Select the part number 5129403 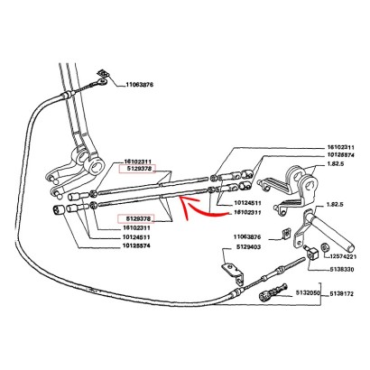click(248, 247)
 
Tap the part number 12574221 click(343, 256)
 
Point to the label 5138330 click(341, 269)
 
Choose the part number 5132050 click(308, 292)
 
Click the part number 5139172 click(341, 293)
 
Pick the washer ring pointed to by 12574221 click(325, 247)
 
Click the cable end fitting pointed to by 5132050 click(273, 292)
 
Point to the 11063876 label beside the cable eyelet click(140, 85)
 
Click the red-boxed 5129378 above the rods click(137, 169)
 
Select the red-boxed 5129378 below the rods click(136, 218)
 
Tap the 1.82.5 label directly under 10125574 click(336, 164)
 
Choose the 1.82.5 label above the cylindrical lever click(336, 205)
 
